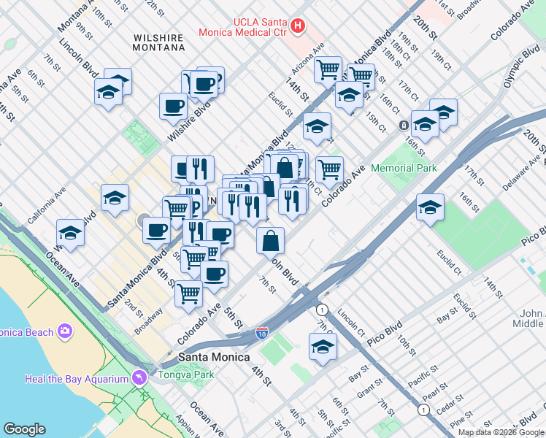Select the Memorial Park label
pos(404,168)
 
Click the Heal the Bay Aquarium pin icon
pos(139,377)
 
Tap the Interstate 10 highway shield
pos(262,334)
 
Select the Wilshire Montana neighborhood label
pos(158,42)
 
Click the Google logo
pos(24,429)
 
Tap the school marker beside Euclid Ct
pos(430,207)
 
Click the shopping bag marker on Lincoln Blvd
pos(270,240)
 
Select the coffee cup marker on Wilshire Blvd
pos(173,107)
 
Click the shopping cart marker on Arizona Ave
pos(328,70)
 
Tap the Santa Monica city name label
pos(214,357)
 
